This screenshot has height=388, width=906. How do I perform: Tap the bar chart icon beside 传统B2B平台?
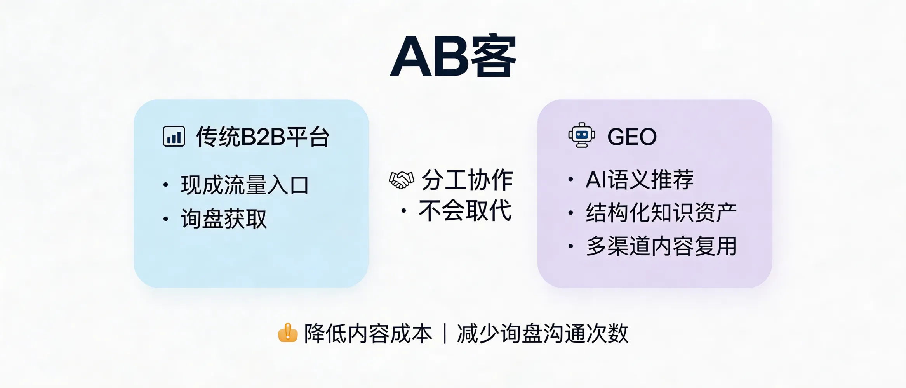point(174,137)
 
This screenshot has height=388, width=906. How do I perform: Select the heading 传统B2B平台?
point(263,137)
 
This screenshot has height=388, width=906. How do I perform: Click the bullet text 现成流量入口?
point(245,185)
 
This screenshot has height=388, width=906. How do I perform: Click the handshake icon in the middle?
point(402,180)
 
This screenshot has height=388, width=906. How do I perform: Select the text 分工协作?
point(467,180)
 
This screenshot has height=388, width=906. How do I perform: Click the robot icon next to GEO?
point(581,135)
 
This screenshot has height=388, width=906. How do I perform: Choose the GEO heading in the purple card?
point(632,137)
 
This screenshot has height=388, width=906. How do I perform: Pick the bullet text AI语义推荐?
point(639,180)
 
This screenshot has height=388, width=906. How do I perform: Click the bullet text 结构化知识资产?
point(661,213)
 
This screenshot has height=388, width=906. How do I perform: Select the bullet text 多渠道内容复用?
point(661,246)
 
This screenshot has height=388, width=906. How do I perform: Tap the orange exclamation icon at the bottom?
point(288,333)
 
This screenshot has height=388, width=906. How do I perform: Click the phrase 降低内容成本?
point(368,334)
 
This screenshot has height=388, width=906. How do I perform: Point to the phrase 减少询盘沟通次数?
point(543,334)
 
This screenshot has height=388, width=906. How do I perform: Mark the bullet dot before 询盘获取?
point(166,219)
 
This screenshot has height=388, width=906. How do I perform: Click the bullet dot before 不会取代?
point(404,211)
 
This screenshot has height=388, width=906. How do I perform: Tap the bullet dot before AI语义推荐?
point(570,179)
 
